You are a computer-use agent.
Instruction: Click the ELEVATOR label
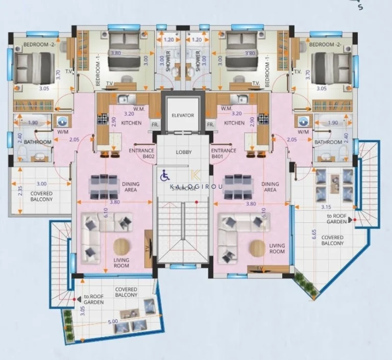(x=183, y=116)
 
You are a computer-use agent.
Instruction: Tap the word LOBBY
(x=183, y=152)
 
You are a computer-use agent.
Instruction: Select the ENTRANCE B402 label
(x=141, y=153)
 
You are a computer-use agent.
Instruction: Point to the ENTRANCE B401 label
(x=224, y=153)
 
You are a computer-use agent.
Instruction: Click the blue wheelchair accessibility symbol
(x=165, y=176)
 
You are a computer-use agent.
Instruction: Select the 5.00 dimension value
(x=113, y=321)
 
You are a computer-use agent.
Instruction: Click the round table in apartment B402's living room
(x=121, y=247)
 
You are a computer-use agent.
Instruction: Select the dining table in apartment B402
(x=105, y=187)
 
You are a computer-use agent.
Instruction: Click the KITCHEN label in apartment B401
(x=234, y=123)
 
